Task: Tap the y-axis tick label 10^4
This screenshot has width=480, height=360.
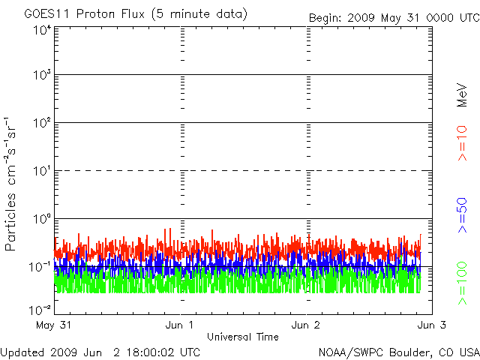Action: tap(41, 31)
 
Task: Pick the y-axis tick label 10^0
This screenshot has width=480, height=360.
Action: tap(41, 219)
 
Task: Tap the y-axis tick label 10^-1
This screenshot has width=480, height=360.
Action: tap(40, 266)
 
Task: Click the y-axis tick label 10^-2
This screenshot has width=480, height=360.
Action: tap(40, 309)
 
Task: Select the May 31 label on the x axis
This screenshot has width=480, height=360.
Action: tap(52, 325)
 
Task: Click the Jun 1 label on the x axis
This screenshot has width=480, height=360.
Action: tap(180, 325)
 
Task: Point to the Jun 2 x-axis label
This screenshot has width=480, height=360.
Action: tap(306, 325)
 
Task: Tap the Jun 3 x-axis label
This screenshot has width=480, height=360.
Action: tap(430, 325)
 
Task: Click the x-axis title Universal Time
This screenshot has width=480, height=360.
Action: tap(243, 337)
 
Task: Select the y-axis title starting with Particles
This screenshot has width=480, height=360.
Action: tap(13, 184)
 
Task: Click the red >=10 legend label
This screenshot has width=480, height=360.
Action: tap(463, 143)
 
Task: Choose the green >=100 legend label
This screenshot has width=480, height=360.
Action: tap(463, 281)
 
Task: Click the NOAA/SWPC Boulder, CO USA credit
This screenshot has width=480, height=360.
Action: tap(398, 352)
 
